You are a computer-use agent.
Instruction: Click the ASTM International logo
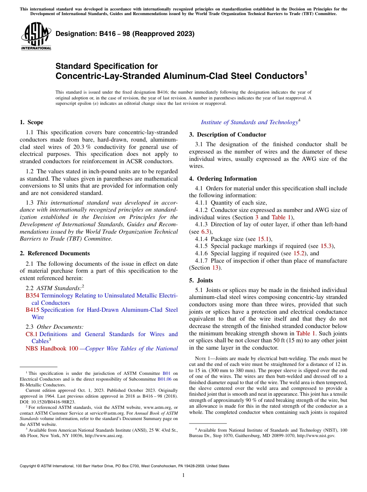pos(36,37)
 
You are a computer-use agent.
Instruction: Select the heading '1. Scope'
pos(31,122)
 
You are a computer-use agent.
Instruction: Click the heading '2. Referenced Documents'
pos(54,253)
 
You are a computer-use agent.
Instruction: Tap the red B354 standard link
pos(30,296)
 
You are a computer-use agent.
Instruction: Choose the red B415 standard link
pos(30,310)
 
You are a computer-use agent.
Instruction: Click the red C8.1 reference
pos(31,334)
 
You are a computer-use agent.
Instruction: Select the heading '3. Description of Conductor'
pos(227,135)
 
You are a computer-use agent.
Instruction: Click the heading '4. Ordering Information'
pos(223,179)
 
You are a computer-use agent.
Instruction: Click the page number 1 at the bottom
pos(183,475)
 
